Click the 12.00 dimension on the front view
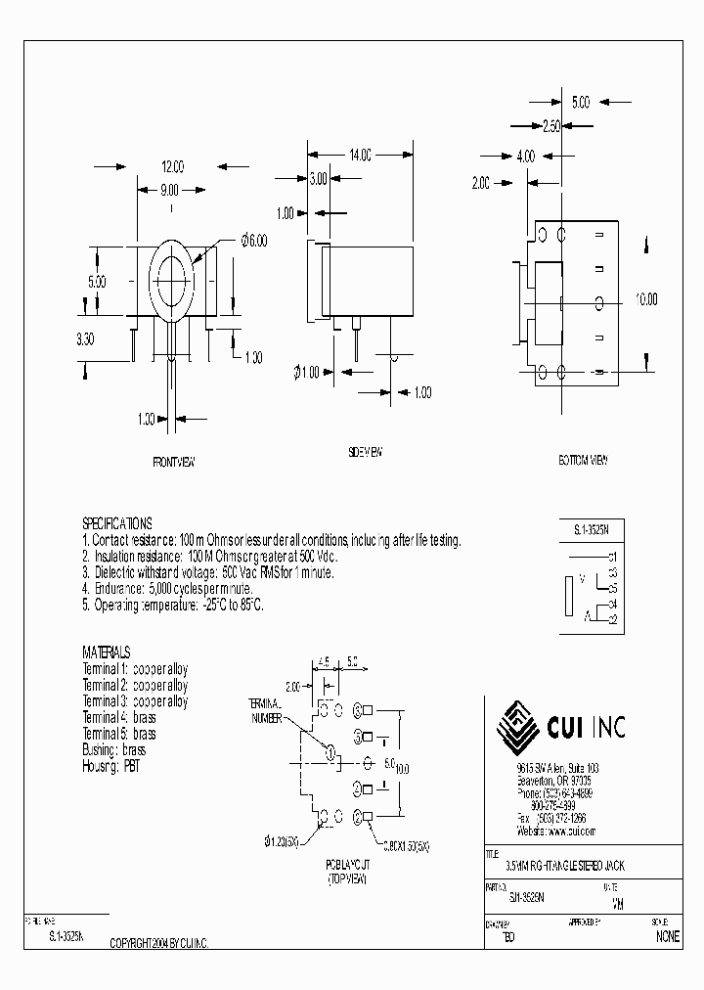coord(172,166)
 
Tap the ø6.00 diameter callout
coord(253,240)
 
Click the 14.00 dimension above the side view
coord(360,155)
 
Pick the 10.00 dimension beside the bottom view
coord(645,300)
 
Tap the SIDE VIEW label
coord(365,452)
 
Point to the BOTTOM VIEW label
coord(583,460)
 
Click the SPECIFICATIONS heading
coord(116,524)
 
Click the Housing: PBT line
coord(111,767)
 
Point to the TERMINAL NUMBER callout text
coord(264,710)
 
